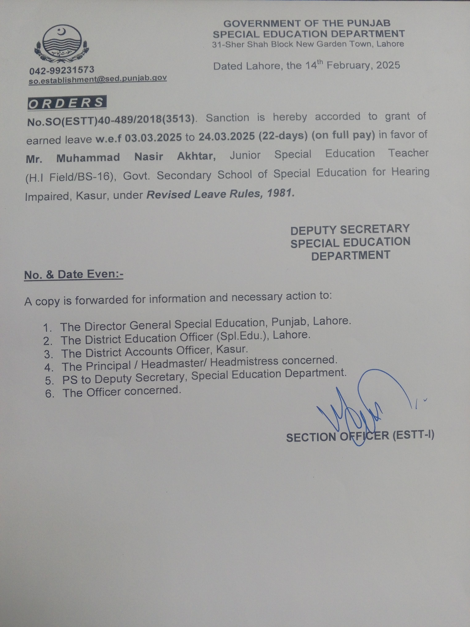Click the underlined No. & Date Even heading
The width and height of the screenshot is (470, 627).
pyautogui.click(x=74, y=274)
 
